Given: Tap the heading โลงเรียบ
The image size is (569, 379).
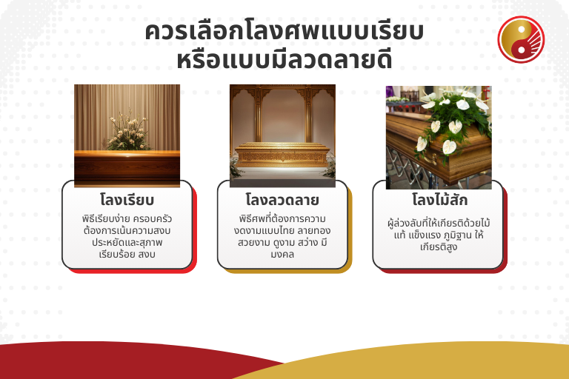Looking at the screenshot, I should tap(127, 200).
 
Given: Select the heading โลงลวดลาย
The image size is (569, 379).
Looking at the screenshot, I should tap(282, 200).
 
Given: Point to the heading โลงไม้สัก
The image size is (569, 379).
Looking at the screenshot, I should tap(439, 200).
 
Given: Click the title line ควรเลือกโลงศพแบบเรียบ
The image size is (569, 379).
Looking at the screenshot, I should tap(284, 33).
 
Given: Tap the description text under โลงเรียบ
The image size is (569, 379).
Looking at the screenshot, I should tap(127, 237).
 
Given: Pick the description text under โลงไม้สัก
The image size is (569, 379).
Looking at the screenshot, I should tap(439, 234).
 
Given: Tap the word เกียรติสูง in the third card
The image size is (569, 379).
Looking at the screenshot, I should tap(439, 246).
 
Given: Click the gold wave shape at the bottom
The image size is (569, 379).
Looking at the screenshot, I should tap(459, 363).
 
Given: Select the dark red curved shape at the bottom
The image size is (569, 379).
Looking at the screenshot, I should tap(111, 363).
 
